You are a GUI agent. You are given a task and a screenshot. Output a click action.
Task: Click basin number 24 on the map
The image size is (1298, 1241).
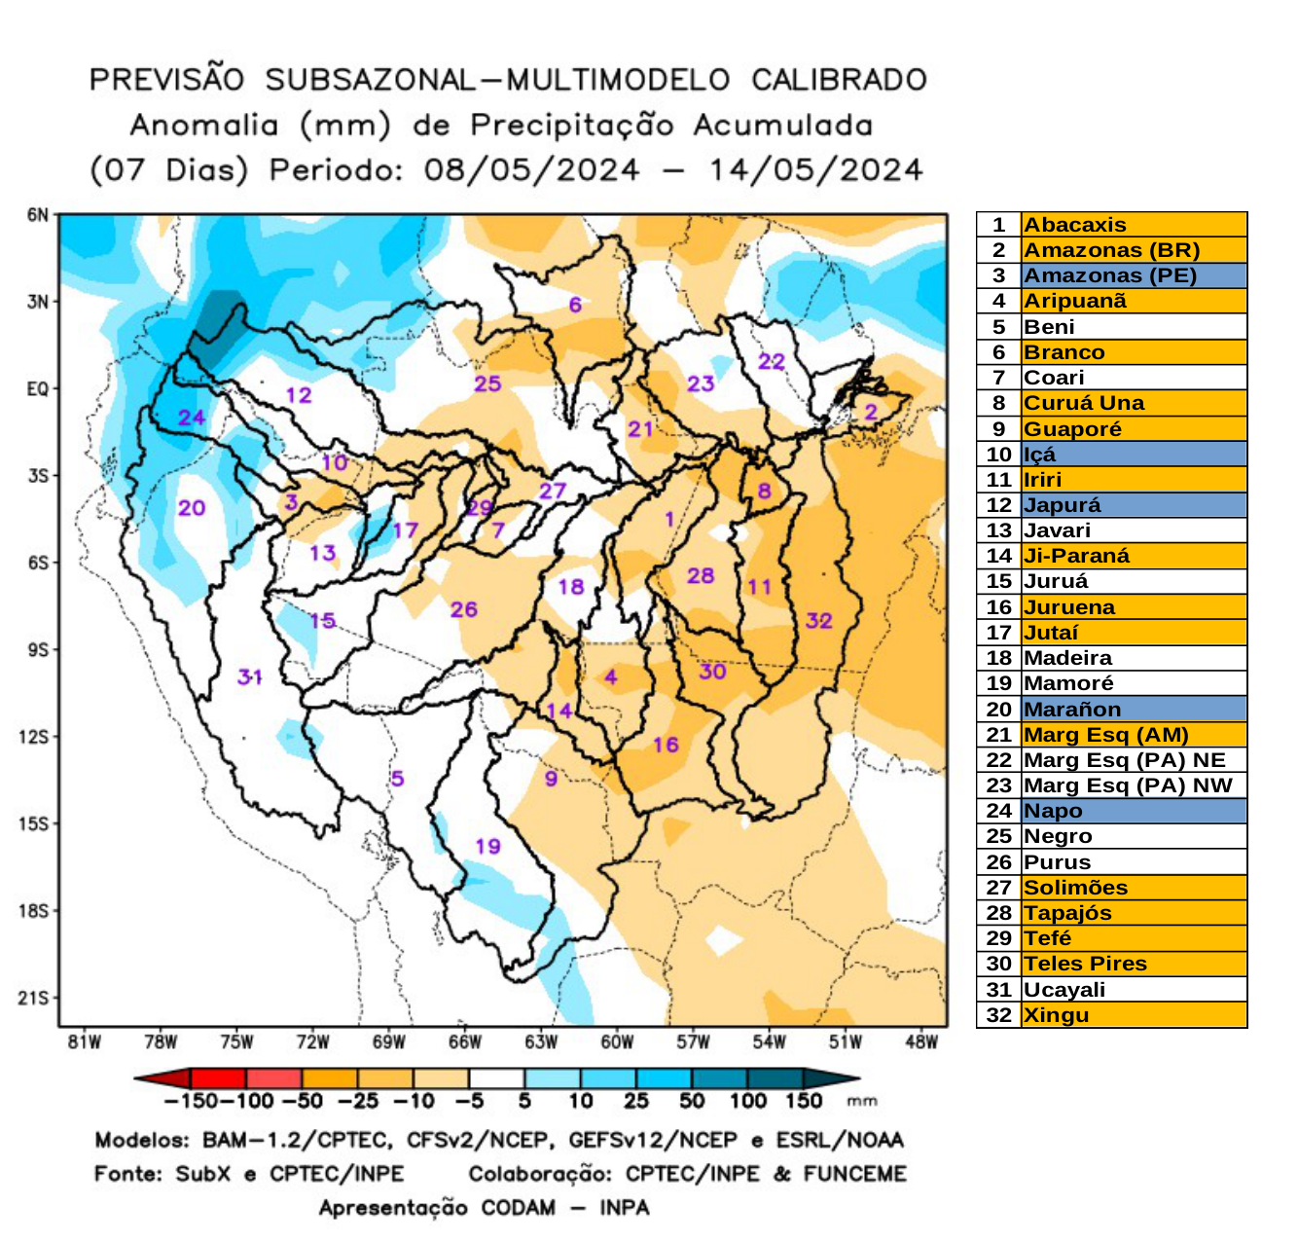pyautogui.click(x=192, y=418)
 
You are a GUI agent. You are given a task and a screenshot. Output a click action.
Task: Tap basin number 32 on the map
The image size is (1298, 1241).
pyautogui.click(x=819, y=620)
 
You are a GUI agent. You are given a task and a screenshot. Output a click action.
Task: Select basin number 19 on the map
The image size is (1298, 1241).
pyautogui.click(x=487, y=846)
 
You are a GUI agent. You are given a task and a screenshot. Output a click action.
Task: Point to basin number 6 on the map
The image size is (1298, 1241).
pyautogui.click(x=575, y=305)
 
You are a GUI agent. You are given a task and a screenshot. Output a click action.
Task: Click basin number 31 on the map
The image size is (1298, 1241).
pyautogui.click(x=250, y=676)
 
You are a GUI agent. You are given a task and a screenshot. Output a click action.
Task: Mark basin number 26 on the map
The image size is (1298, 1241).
pyautogui.click(x=463, y=609)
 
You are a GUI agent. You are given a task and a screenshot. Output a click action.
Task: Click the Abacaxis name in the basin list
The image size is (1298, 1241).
pyautogui.click(x=1074, y=225)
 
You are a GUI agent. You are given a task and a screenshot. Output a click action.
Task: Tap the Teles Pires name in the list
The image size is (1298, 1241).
pyautogui.click(x=1085, y=964)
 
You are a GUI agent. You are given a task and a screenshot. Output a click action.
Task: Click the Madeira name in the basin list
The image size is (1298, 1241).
pyautogui.click(x=1067, y=658)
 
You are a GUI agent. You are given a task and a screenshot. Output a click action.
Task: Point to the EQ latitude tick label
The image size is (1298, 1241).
pyautogui.click(x=37, y=389)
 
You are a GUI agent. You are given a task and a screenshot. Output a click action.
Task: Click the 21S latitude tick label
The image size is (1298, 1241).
pyautogui.click(x=34, y=998)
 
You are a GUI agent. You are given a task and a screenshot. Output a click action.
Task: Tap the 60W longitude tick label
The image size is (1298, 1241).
pyautogui.click(x=617, y=1042)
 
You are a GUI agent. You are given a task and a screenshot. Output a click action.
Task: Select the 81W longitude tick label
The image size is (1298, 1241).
pyautogui.click(x=85, y=1042)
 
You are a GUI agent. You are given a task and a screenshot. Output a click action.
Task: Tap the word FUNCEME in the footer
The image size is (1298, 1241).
pyautogui.click(x=854, y=1174)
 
